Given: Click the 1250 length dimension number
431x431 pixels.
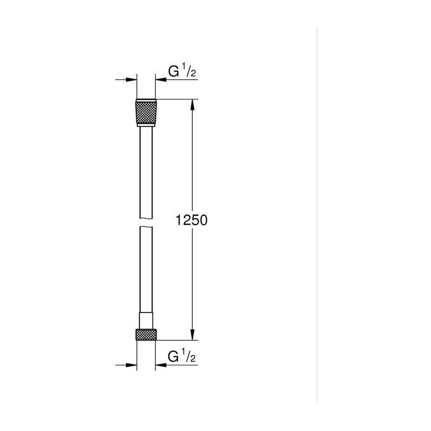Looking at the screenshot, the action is point(192,220).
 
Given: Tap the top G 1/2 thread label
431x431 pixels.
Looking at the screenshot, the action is point(182,72).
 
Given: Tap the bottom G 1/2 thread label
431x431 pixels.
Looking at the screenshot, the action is point(182,357).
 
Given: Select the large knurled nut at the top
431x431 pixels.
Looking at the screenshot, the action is point(146,113).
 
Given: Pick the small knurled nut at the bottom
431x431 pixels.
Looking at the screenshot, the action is point(146,334).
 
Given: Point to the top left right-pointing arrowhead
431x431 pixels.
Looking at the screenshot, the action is point(131,80).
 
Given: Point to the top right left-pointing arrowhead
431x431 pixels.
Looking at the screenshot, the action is point(161,80).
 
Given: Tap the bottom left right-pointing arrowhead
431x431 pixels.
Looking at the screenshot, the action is point(131,365).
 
